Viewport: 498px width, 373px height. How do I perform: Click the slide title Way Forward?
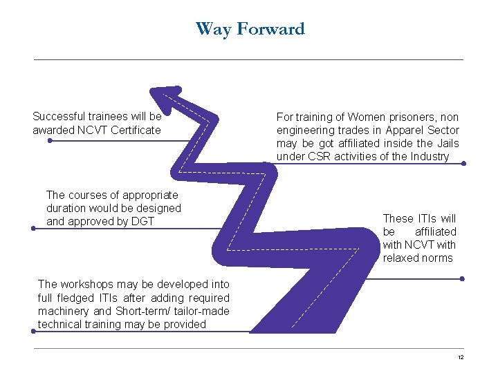coord(250,29)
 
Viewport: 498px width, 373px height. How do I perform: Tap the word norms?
coord(439,258)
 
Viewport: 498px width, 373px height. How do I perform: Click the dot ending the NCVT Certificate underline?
coord(50,140)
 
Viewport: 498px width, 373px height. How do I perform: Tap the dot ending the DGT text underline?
coord(33,228)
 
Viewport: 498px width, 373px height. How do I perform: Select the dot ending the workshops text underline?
coord(33,332)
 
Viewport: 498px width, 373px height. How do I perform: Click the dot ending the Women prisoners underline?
coord(463,164)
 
